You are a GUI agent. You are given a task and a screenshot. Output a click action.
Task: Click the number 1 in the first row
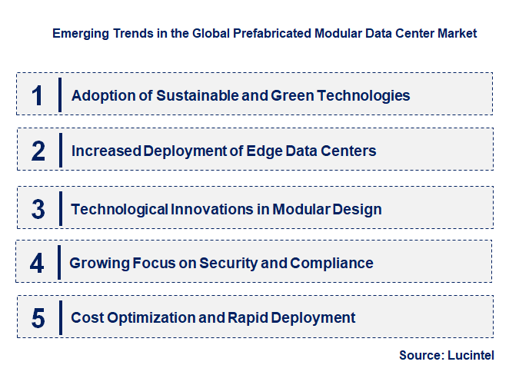point(37,95)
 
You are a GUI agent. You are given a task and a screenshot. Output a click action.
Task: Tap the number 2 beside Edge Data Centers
point(38,151)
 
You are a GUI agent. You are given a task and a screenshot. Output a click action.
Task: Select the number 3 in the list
point(38,209)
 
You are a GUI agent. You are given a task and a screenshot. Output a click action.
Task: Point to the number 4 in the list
point(38,264)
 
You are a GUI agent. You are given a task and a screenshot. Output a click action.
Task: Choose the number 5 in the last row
point(38,317)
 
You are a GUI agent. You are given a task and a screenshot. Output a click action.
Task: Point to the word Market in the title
point(456,34)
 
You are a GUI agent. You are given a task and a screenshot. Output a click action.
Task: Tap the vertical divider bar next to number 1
point(60,95)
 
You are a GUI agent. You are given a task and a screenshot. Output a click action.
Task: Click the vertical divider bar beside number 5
point(60,317)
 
